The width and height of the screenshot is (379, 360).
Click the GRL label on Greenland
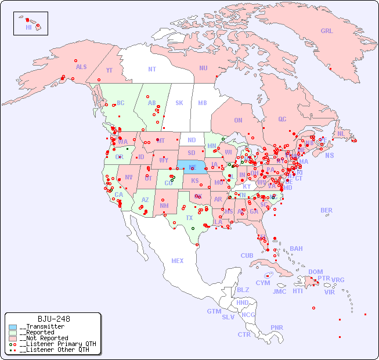click(x=327, y=31)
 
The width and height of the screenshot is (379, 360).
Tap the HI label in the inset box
click(x=28, y=27)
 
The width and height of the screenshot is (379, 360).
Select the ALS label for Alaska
click(x=81, y=67)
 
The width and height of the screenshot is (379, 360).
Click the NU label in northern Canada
click(x=203, y=68)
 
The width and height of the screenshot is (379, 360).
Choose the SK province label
click(x=179, y=103)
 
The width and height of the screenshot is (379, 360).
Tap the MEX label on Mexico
click(x=178, y=261)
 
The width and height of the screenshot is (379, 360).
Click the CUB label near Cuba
click(x=247, y=255)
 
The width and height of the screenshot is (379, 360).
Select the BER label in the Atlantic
click(x=326, y=210)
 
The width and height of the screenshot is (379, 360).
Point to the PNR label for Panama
click(x=277, y=327)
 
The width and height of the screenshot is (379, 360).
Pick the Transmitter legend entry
click(x=42, y=327)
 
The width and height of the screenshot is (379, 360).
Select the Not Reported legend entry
click(x=44, y=338)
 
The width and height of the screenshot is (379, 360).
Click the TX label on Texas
click(x=189, y=218)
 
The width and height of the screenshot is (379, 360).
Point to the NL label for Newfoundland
click(x=341, y=134)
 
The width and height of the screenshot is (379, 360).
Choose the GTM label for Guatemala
click(x=214, y=311)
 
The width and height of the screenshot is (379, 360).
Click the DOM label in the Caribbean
click(x=315, y=272)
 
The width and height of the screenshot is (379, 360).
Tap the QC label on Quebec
click(x=282, y=119)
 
